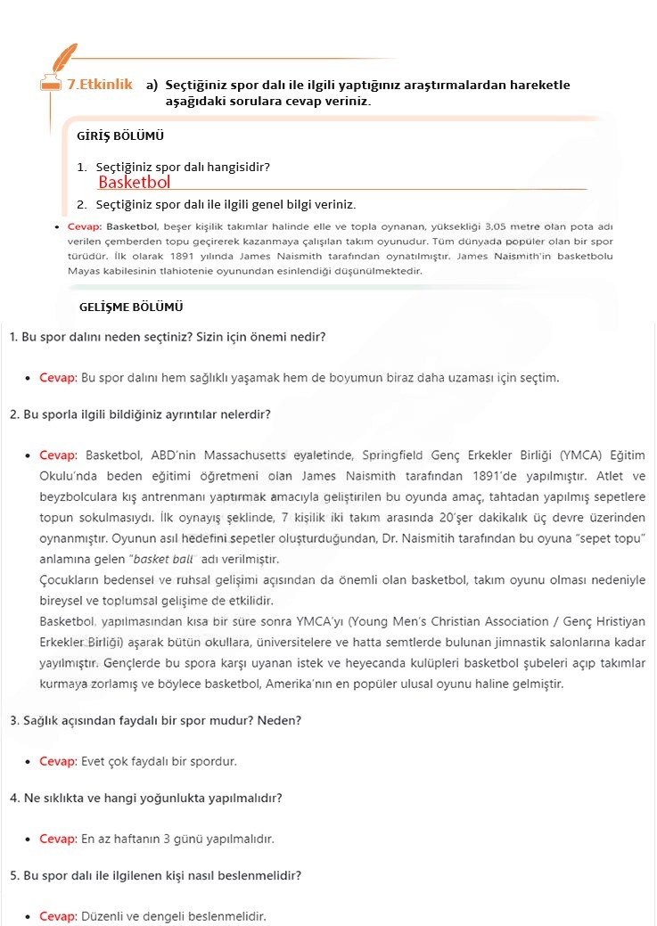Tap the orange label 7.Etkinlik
click(x=100, y=85)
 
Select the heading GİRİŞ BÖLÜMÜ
click(x=120, y=136)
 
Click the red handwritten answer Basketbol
click(x=134, y=183)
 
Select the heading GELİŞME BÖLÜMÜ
click(x=131, y=307)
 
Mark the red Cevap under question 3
click(x=58, y=762)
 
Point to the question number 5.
click(x=13, y=875)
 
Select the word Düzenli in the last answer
click(x=103, y=916)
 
